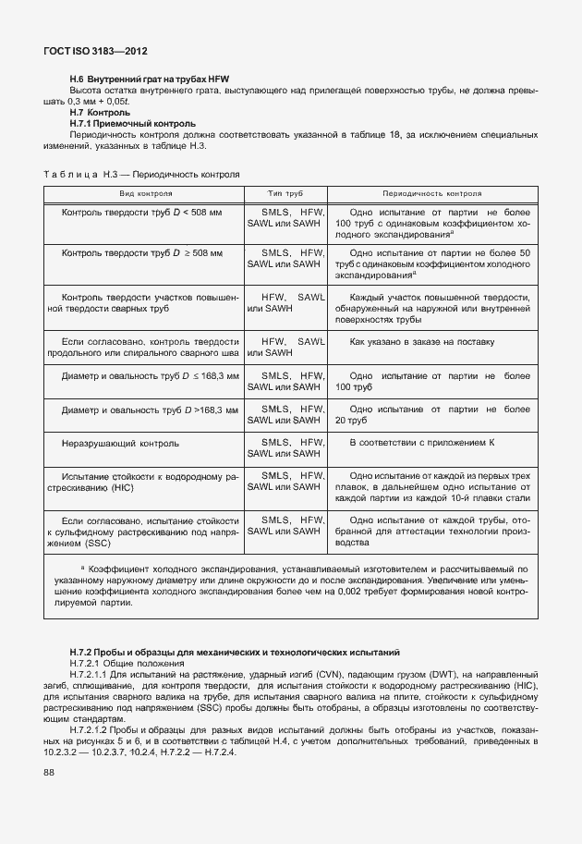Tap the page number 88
(x=48, y=773)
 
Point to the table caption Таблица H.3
(x=141, y=174)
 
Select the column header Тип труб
(x=285, y=195)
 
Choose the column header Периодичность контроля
(x=432, y=195)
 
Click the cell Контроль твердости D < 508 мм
(x=141, y=214)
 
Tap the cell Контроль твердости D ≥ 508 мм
(x=142, y=253)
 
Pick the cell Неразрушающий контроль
(x=120, y=444)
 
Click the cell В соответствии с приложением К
(x=423, y=444)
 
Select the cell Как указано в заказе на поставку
(x=423, y=342)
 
